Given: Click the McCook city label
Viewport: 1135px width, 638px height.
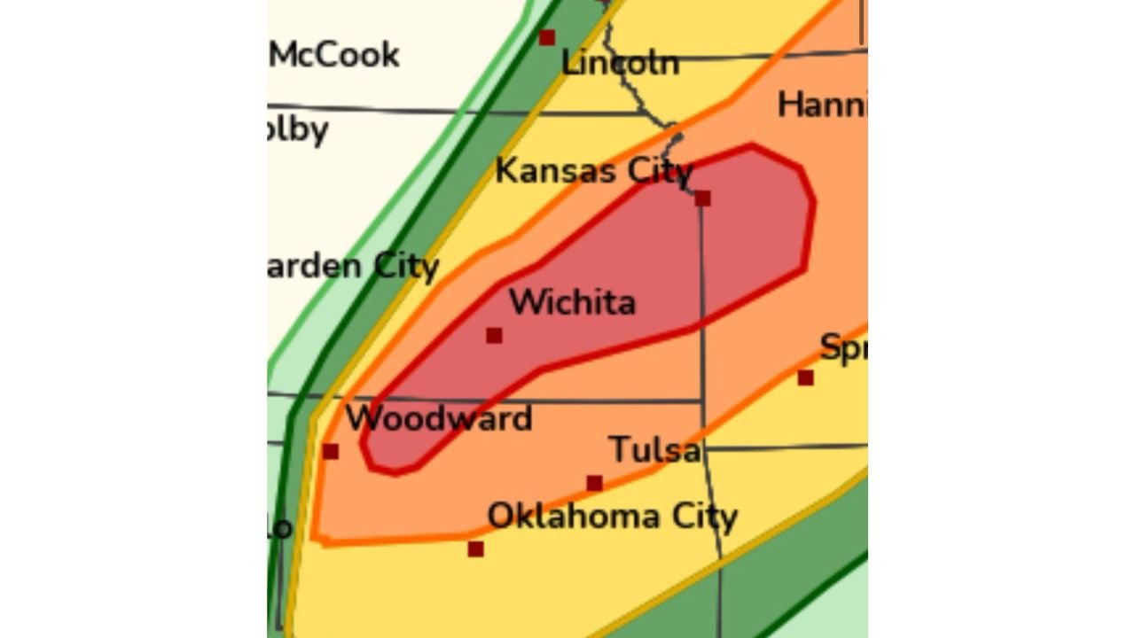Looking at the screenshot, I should click(334, 55).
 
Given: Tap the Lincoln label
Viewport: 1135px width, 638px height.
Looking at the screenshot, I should click(620, 63).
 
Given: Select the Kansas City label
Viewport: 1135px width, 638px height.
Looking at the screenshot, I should click(592, 170).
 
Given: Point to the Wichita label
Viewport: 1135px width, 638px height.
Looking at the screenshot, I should click(572, 303).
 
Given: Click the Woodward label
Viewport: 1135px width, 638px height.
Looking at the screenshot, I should click(438, 418).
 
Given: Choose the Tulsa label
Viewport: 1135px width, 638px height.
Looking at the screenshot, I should click(654, 450).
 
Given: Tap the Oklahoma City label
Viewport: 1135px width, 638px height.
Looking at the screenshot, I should click(612, 516).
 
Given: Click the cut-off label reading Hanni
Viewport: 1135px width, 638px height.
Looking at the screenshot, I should click(821, 105).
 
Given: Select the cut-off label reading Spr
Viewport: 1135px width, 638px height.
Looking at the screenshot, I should click(842, 347).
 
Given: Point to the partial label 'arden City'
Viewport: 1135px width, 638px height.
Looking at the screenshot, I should click(353, 266).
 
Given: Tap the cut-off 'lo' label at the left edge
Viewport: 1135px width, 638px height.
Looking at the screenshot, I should click(279, 528).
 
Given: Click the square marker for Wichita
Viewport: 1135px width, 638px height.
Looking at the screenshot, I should click(494, 335).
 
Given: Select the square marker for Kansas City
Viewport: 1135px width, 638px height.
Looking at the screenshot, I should click(702, 198).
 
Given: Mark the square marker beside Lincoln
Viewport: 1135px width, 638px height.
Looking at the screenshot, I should click(547, 37).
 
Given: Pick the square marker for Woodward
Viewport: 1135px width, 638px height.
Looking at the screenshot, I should click(331, 452).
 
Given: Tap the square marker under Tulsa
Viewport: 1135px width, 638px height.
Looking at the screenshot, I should click(594, 484).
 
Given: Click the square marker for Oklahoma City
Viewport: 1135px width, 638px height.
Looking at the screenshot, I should click(475, 549).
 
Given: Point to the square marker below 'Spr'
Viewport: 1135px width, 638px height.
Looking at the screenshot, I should click(805, 377).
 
